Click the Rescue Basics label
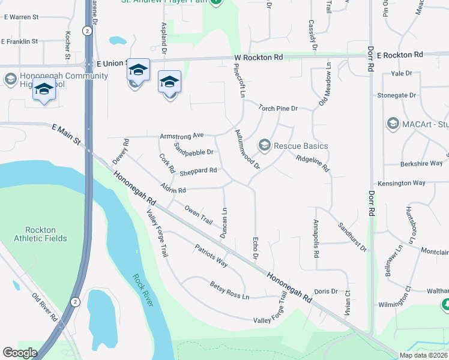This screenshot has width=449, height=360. click(x=301, y=146)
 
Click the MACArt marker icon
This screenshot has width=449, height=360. click(x=393, y=124)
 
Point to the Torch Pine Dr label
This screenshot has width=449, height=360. click(x=278, y=109)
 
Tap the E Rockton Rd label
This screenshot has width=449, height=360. click(x=400, y=55)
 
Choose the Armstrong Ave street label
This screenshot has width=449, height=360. click(x=182, y=136)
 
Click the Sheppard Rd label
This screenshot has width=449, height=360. click(x=198, y=172)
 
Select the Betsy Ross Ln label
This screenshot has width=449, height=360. click(x=229, y=286)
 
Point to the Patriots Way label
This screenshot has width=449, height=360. click(x=211, y=255)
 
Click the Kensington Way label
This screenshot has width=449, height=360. click(x=402, y=183)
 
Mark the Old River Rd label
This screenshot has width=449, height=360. click(x=44, y=306)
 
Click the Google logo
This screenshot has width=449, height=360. click(x=19, y=353)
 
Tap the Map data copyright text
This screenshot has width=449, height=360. click(x=424, y=355)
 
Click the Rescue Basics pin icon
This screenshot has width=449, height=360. click(x=264, y=145)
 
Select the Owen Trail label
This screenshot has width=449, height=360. click(x=198, y=215)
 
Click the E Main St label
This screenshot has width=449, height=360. click(x=66, y=133)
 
